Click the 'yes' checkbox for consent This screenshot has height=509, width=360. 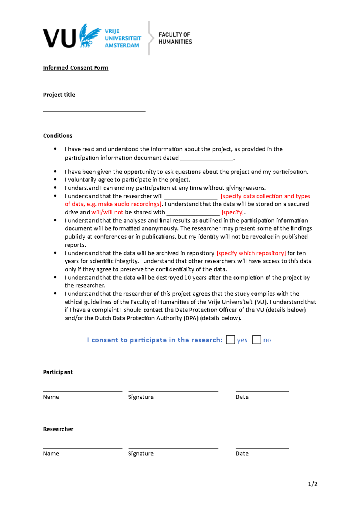tap(230, 340)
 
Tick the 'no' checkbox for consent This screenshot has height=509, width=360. tap(256, 340)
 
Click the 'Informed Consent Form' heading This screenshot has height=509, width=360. tap(75, 68)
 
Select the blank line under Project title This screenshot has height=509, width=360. tap(94, 111)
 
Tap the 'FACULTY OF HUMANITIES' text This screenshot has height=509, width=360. tap(175, 38)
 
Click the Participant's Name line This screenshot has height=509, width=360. tap(82, 391)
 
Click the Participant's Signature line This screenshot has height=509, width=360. tap(173, 391)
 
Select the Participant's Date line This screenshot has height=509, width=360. tap(262, 391)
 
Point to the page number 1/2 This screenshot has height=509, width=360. tap(313, 484)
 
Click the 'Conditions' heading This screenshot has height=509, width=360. tap(58, 136)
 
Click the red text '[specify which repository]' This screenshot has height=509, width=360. tap(251, 253)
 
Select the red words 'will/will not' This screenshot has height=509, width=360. tap(107, 212)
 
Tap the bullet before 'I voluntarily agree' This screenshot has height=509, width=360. tap(55, 180)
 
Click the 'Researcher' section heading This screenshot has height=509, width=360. tap(58, 429)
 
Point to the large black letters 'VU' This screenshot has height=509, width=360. tap(59, 38)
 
